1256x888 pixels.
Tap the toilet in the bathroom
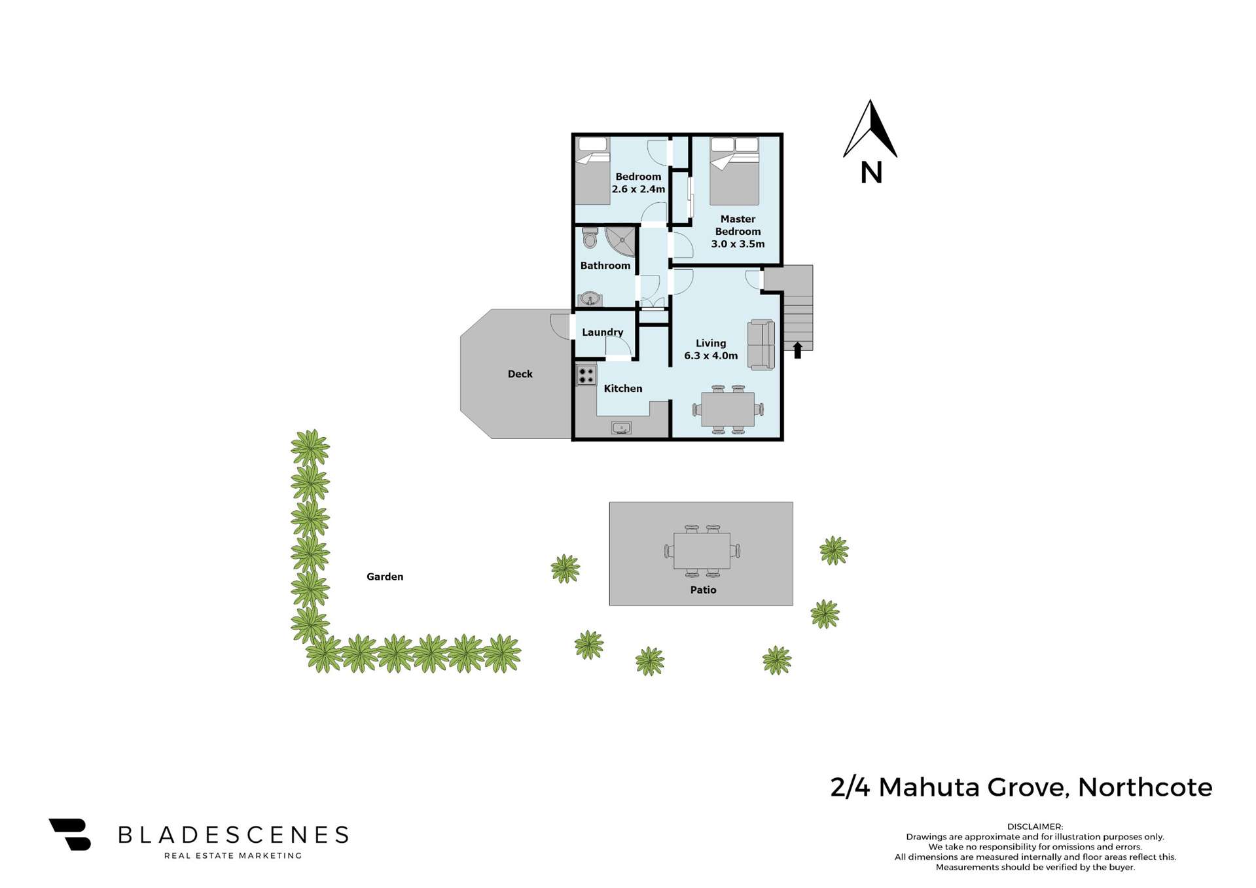(x=590, y=238)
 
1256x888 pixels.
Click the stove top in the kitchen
(x=586, y=376)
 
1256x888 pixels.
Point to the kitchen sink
(x=620, y=428)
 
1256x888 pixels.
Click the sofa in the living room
(x=761, y=344)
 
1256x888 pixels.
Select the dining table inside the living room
(x=727, y=410)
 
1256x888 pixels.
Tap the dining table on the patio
(x=702, y=551)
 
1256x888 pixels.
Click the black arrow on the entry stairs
(x=797, y=350)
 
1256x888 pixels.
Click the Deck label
(x=520, y=374)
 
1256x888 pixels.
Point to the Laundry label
(x=602, y=332)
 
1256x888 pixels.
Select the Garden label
(x=385, y=577)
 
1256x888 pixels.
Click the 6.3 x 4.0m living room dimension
(x=711, y=356)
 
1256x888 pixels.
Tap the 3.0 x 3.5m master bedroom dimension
(x=738, y=244)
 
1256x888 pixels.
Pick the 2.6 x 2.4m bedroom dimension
(x=638, y=189)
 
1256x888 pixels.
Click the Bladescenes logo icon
(x=71, y=834)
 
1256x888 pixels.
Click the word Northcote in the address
(x=1145, y=787)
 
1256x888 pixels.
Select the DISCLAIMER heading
(x=1035, y=826)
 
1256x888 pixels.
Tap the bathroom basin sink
(x=590, y=299)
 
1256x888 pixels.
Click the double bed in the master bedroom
(x=734, y=171)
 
